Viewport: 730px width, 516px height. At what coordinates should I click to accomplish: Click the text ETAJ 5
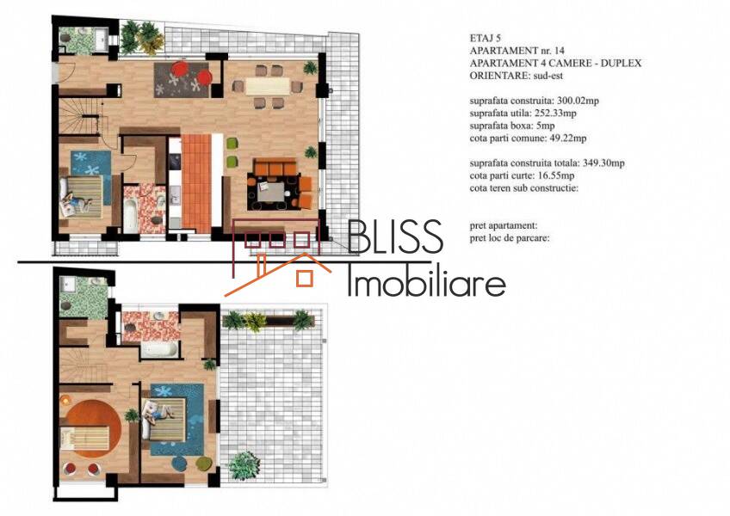pyautogui.click(x=486, y=38)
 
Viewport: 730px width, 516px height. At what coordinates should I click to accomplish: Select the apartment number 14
pyautogui.click(x=560, y=51)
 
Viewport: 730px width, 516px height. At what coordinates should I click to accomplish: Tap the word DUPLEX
pyautogui.click(x=621, y=64)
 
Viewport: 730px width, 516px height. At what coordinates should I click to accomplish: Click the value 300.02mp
pyautogui.click(x=578, y=101)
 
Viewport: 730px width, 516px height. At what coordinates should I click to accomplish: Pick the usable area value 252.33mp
pyautogui.click(x=554, y=114)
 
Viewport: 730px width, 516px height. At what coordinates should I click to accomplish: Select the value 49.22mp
pyautogui.click(x=566, y=138)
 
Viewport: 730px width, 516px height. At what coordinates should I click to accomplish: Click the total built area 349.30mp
pyautogui.click(x=603, y=163)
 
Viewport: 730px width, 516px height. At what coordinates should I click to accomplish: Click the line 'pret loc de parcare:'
pyautogui.click(x=510, y=239)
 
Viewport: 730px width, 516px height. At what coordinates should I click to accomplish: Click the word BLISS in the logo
pyautogui.click(x=395, y=236)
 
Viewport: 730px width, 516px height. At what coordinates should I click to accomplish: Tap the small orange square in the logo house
pyautogui.click(x=305, y=278)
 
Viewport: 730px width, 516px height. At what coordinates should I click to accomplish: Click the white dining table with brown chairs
pyautogui.click(x=267, y=87)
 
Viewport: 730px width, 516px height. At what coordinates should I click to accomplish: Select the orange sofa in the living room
pyautogui.click(x=275, y=167)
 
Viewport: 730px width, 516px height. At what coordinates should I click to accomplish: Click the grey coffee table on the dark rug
pyautogui.click(x=270, y=192)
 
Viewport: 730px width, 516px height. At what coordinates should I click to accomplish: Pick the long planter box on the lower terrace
pyautogui.click(x=269, y=321)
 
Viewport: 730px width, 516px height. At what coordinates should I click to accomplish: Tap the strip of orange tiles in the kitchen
pyautogui.click(x=196, y=183)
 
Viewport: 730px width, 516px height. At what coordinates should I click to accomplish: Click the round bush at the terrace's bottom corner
pyautogui.click(x=244, y=465)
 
